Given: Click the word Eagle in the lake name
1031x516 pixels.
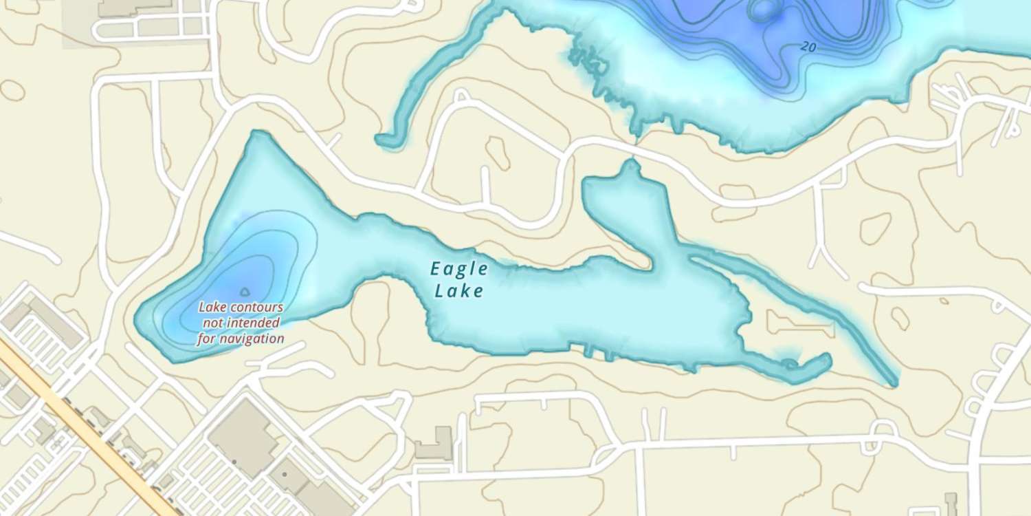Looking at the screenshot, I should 459,268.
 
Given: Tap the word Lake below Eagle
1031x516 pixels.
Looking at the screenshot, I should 459,291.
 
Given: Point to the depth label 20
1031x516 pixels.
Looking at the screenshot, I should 808,47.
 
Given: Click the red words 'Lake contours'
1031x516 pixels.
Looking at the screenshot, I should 241,308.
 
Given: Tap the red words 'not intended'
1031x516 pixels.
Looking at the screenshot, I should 240,323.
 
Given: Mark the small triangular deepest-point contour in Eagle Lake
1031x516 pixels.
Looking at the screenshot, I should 245,292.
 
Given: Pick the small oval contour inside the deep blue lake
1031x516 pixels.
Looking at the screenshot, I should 762,9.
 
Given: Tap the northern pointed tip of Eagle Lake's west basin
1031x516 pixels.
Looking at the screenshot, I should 257,134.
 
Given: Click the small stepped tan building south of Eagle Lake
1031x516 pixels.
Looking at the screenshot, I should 434,444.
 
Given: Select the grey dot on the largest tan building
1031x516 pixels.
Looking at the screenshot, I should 234,462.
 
